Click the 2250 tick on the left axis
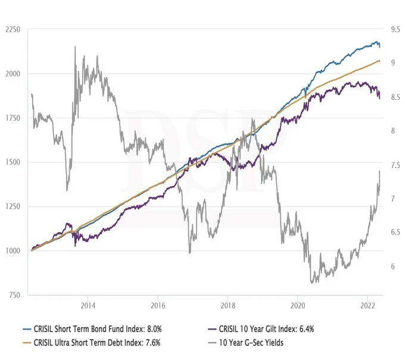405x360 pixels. pyautogui.click(x=13, y=29)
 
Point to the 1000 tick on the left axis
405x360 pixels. pyautogui.click(x=13, y=251)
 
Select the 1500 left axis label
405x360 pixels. pyautogui.click(x=13, y=162)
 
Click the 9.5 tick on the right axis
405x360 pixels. pyautogui.click(x=395, y=29)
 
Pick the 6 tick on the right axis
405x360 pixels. pyautogui.click(x=393, y=267)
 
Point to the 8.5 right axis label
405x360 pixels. pyautogui.click(x=395, y=97)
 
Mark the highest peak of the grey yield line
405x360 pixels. pyautogui.click(x=75, y=46)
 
